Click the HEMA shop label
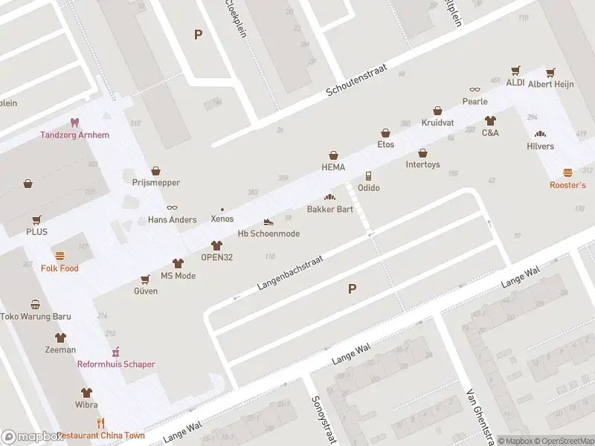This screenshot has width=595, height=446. click(x=333, y=167)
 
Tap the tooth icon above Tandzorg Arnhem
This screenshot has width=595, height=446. click(x=74, y=122)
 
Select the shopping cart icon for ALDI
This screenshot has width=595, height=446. click(x=515, y=71)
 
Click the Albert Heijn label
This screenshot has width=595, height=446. click(x=550, y=84)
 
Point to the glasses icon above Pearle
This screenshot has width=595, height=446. click(x=475, y=89)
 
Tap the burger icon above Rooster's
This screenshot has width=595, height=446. click(x=567, y=172)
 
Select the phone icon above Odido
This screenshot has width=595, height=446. click(x=368, y=175)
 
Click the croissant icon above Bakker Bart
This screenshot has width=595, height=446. click(x=329, y=197)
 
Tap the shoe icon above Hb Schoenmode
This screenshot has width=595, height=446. click(x=268, y=222)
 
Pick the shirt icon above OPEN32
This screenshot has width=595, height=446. click(x=216, y=245)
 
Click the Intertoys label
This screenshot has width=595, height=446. click(x=422, y=164)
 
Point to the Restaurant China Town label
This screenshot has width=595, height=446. click(x=100, y=436)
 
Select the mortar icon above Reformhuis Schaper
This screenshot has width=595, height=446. click(x=116, y=352)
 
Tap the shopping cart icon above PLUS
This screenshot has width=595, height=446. click(x=36, y=219)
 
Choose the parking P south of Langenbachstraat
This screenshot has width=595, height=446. click(x=352, y=289)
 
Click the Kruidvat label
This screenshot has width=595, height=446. click(x=437, y=122)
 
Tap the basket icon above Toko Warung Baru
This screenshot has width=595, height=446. click(x=35, y=304)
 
